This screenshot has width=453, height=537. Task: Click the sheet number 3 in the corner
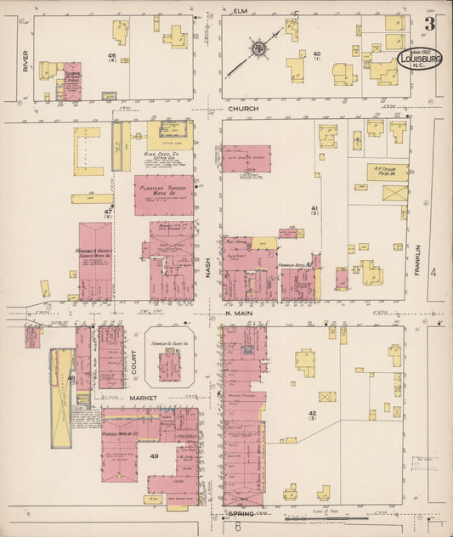tap(430, 24)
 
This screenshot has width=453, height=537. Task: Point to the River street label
tap(25, 61)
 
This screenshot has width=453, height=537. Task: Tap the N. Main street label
tap(238, 313)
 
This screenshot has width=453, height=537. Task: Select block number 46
tap(111, 56)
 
